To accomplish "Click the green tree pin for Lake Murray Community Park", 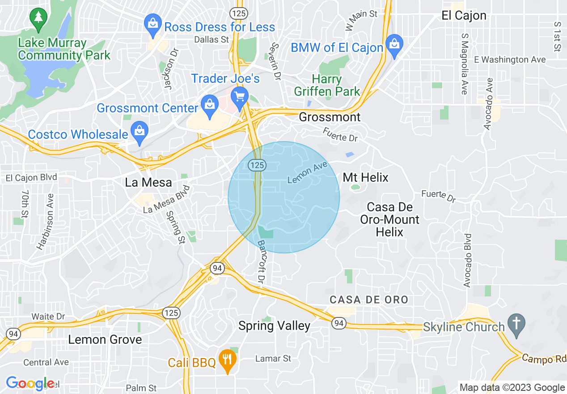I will pyautogui.click(x=38, y=18).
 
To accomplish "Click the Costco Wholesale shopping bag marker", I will pyautogui.click(x=140, y=133).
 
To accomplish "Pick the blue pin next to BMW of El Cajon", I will pyautogui.click(x=394, y=46).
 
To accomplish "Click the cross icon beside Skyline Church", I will pyautogui.click(x=516, y=326).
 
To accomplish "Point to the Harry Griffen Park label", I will pyautogui.click(x=327, y=86).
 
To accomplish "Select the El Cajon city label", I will pyautogui.click(x=464, y=16).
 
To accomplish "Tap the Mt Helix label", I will pyautogui.click(x=365, y=178).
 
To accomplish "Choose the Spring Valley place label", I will pyautogui.click(x=274, y=326).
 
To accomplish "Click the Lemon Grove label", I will pyautogui.click(x=105, y=339).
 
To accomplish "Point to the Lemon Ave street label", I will pyautogui.click(x=308, y=173).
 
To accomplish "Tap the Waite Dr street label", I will pyautogui.click(x=48, y=317).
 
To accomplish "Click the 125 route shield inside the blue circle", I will pyautogui.click(x=258, y=165).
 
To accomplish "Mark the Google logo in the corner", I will pyautogui.click(x=30, y=383).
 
